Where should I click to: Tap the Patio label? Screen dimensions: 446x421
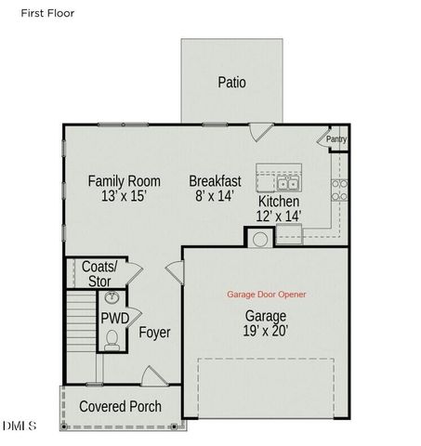point(231,82)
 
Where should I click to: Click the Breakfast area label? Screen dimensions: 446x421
point(215,181)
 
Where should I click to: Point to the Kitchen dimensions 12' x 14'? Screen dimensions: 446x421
point(279,216)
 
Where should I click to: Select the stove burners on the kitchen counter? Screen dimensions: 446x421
point(339,190)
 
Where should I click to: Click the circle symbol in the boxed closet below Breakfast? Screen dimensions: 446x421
point(260,239)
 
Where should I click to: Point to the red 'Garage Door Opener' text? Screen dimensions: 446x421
point(266,295)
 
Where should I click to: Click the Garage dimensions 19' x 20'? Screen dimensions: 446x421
point(266,328)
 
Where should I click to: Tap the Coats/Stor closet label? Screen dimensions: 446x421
point(99,273)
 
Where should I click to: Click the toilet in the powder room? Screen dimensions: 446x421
point(112,342)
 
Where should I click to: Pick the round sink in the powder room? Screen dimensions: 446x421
point(112,298)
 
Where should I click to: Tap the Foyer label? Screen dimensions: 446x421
point(154,332)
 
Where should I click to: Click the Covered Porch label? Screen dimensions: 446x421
point(120,407)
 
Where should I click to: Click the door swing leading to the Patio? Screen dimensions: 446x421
point(259,133)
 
